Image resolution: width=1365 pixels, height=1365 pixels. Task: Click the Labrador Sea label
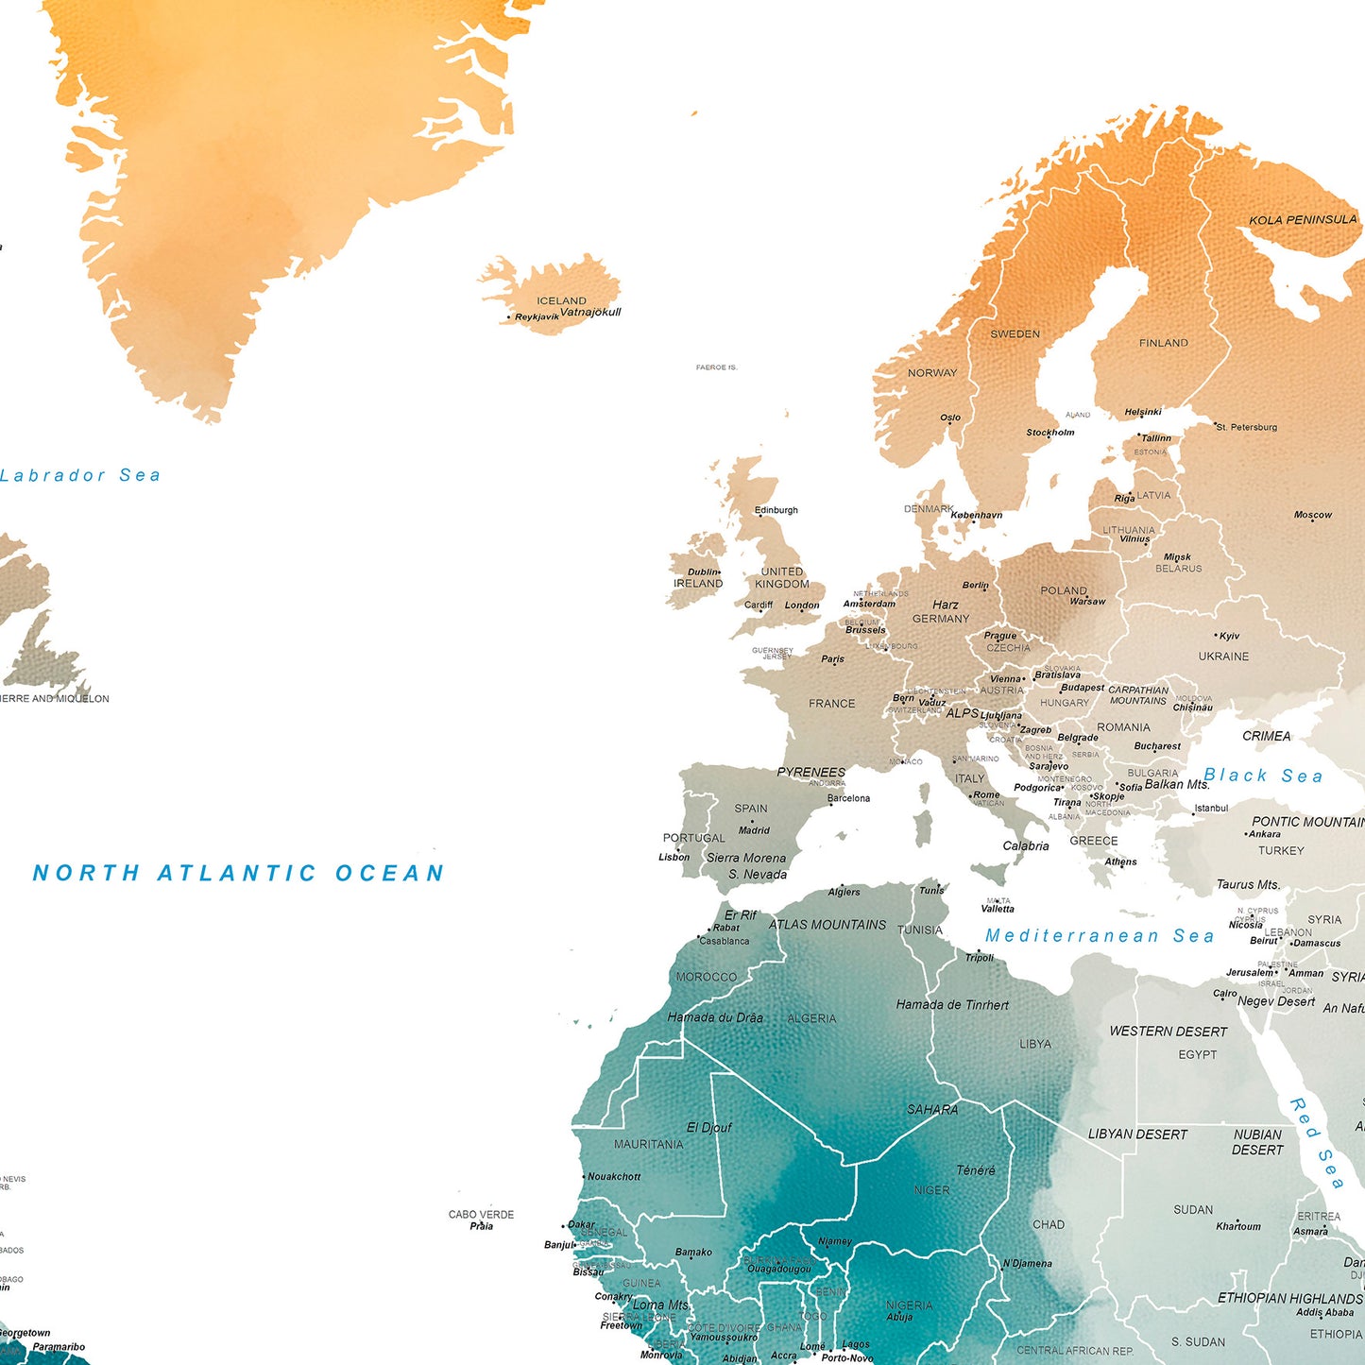click(x=80, y=475)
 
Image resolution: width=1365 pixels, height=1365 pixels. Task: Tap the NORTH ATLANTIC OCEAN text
click(x=238, y=873)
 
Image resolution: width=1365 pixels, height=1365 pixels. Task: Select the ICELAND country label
click(x=561, y=300)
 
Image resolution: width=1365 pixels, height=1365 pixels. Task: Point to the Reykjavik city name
click(x=537, y=317)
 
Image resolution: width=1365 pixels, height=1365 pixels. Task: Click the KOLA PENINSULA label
click(x=1302, y=220)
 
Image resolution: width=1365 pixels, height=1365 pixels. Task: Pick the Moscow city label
click(x=1312, y=515)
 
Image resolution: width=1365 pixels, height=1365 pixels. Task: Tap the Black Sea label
click(x=1263, y=776)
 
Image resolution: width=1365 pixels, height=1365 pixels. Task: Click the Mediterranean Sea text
click(x=1100, y=935)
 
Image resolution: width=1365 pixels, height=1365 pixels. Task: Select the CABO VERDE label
click(x=481, y=1214)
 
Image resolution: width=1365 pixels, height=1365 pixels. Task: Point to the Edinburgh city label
click(x=776, y=510)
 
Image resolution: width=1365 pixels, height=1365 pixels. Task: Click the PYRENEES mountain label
click(x=810, y=772)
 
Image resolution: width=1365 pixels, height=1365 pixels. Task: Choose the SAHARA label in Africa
click(x=931, y=1109)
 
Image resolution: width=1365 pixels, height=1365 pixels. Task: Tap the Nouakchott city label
click(x=614, y=1177)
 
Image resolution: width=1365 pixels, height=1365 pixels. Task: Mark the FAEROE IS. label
click(x=716, y=367)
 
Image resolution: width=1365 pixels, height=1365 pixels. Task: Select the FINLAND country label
click(x=1163, y=343)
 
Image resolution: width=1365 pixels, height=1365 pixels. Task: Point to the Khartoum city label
click(x=1237, y=1226)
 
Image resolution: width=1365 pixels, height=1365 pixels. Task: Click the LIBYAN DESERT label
click(x=1136, y=1134)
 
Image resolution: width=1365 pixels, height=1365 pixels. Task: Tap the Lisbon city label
click(x=674, y=858)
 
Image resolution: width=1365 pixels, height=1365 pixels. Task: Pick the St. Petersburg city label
click(x=1246, y=427)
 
